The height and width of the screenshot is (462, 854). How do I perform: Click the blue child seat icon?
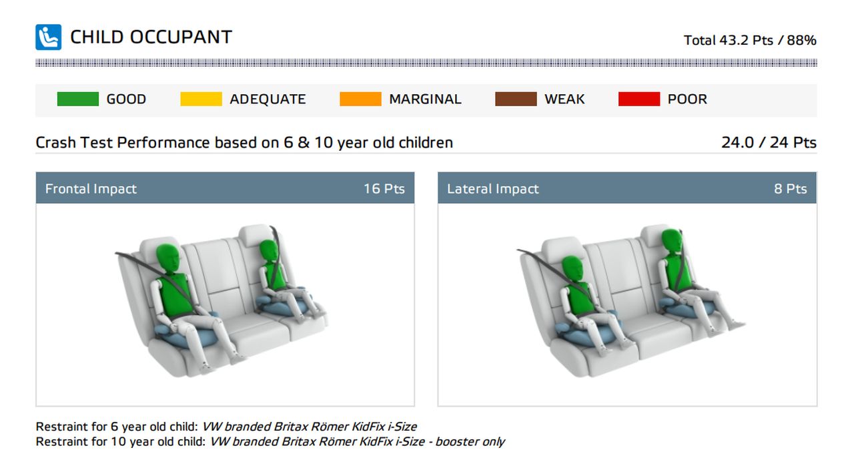pos(49,37)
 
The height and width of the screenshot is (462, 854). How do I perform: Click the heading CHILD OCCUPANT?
pos(151,37)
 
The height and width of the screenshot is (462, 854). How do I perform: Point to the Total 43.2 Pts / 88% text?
pos(750,40)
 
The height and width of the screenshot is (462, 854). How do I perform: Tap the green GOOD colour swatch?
pos(78,99)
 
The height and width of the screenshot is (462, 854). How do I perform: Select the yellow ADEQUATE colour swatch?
pos(201,99)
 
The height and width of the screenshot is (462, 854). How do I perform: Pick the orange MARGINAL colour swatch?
pos(360,99)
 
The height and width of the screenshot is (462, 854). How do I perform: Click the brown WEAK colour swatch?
pos(516,99)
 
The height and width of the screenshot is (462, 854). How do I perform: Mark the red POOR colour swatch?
pos(639,99)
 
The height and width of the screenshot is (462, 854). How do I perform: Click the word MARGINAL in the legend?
pos(425,99)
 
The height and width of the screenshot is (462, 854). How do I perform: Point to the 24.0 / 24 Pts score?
pos(769,142)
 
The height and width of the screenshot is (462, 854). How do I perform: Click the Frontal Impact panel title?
pos(91,188)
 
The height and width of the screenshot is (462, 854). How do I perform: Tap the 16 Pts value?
pos(384,188)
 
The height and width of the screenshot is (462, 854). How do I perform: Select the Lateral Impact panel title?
pos(492,188)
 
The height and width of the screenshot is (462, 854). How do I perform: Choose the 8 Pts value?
pos(791,188)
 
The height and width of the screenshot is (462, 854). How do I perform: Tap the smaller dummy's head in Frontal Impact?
pos(269,251)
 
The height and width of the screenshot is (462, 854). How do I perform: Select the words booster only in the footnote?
pos(470,441)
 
